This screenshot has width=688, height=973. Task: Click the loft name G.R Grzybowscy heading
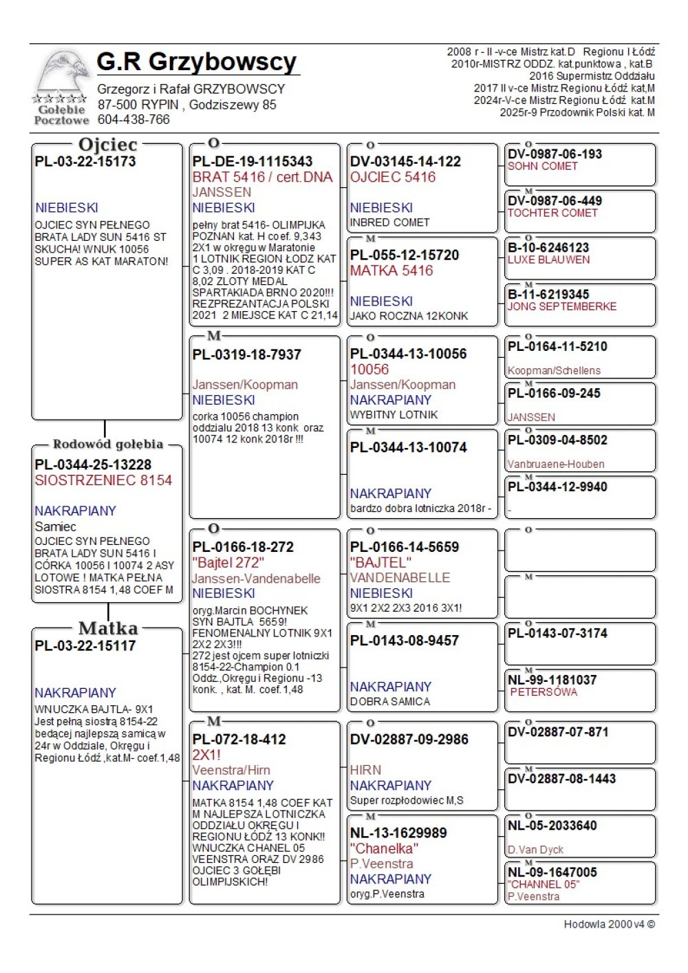(197, 62)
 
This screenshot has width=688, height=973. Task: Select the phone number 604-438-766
(133, 120)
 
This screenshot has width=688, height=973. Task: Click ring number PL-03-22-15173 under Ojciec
(85, 162)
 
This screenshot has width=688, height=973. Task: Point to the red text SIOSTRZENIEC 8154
(103, 480)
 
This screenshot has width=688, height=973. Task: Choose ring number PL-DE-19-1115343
(252, 162)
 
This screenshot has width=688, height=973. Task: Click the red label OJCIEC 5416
(393, 178)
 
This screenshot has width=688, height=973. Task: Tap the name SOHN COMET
(543, 167)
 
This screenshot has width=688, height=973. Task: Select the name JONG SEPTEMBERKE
(562, 307)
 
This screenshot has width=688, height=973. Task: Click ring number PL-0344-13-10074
(409, 448)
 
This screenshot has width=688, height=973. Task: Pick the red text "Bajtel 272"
(228, 563)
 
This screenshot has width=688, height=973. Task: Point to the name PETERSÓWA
(544, 692)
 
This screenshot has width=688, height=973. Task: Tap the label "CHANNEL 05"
(544, 884)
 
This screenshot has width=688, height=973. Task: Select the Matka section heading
(108, 628)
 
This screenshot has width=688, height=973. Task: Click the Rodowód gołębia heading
(108, 444)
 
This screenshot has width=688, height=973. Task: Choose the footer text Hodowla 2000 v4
(609, 924)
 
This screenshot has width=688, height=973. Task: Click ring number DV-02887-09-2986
(409, 740)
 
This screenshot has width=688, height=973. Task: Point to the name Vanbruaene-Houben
(556, 464)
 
